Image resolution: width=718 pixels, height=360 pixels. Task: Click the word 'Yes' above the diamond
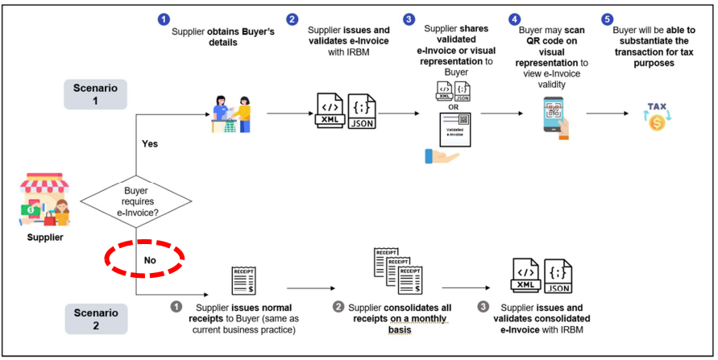150,145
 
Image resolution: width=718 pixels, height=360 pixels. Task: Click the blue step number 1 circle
164,19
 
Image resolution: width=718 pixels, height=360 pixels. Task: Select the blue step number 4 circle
514,19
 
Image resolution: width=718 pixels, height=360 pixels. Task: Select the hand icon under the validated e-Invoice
442,155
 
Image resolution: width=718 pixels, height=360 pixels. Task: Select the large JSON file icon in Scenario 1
360,114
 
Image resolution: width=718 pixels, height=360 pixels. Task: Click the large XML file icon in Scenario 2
525,275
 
